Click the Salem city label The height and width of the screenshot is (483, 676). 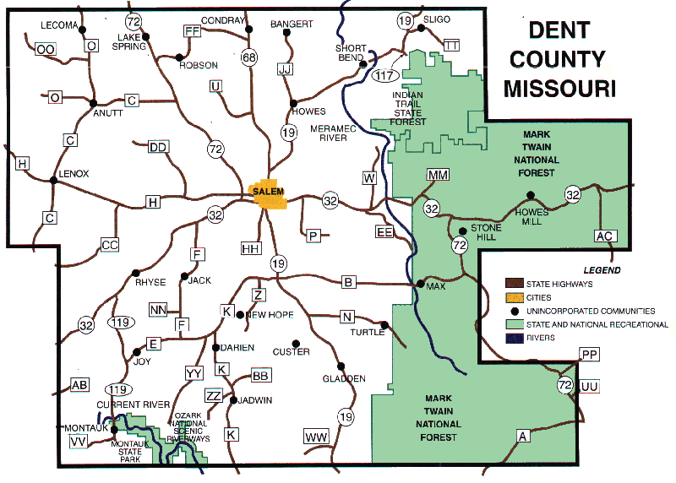tap(269, 192)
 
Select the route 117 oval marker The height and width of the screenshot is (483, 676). tap(384, 76)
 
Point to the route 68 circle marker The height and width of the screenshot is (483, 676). tap(248, 58)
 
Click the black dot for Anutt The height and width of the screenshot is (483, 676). tap(93, 103)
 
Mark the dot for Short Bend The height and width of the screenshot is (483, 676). tap(363, 63)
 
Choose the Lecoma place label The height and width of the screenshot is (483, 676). tap(59, 25)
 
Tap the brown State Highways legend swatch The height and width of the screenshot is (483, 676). tap(514, 284)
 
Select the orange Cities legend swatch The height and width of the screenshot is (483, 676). tap(514, 297)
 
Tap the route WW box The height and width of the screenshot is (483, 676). tap(316, 437)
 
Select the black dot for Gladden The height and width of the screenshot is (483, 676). tap(341, 366)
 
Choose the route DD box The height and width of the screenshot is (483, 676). tap(158, 147)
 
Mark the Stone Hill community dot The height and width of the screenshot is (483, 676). tap(461, 231)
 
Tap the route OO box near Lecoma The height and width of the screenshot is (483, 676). tap(46, 51)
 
